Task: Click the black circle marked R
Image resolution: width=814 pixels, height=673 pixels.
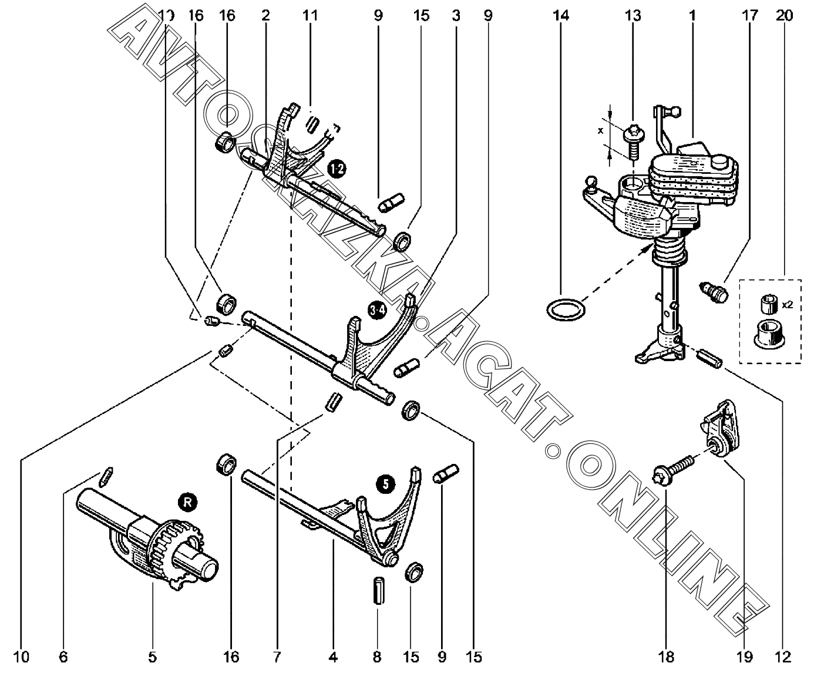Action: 187,502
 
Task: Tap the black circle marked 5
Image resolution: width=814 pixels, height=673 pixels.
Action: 385,483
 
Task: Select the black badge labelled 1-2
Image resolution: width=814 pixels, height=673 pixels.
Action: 337,169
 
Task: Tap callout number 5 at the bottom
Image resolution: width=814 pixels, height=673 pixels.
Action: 152,657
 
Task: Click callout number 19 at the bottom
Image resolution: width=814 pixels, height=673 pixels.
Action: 744,657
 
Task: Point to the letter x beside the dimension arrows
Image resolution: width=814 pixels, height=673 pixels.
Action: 600,131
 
